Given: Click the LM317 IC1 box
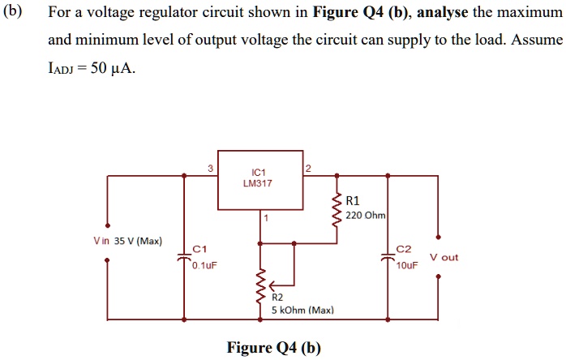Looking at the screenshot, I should [259, 178].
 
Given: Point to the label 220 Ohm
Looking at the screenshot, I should [366, 216].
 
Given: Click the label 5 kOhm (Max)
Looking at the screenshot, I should [302, 310].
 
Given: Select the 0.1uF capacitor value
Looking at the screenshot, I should [204, 265].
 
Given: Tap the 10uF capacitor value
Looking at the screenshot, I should [405, 265].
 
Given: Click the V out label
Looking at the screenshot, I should [444, 257].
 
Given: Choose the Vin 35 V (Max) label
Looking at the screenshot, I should [127, 241].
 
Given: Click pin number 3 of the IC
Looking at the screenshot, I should [212, 168].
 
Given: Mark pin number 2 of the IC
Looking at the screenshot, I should [308, 168].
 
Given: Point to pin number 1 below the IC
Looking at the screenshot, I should [264, 216].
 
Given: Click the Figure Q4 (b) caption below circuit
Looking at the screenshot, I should [274, 348].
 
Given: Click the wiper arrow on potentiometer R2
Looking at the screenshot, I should [274, 285].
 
